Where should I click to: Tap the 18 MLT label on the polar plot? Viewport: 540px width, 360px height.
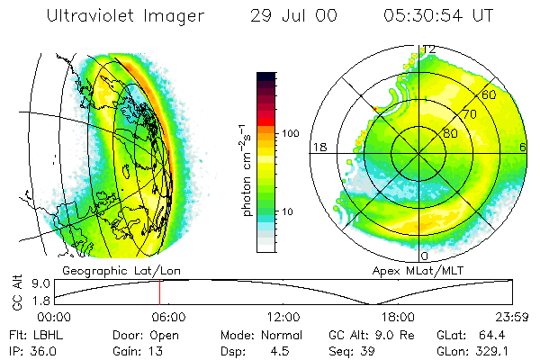click(x=318, y=147)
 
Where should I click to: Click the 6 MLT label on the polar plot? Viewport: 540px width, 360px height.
click(x=523, y=147)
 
